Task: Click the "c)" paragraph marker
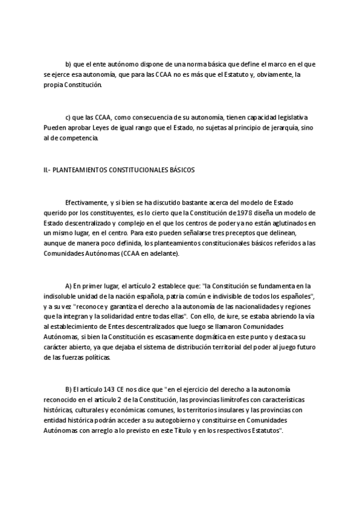click(x=68, y=117)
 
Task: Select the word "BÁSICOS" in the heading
click(x=181, y=170)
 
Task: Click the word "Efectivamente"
click(x=86, y=202)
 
